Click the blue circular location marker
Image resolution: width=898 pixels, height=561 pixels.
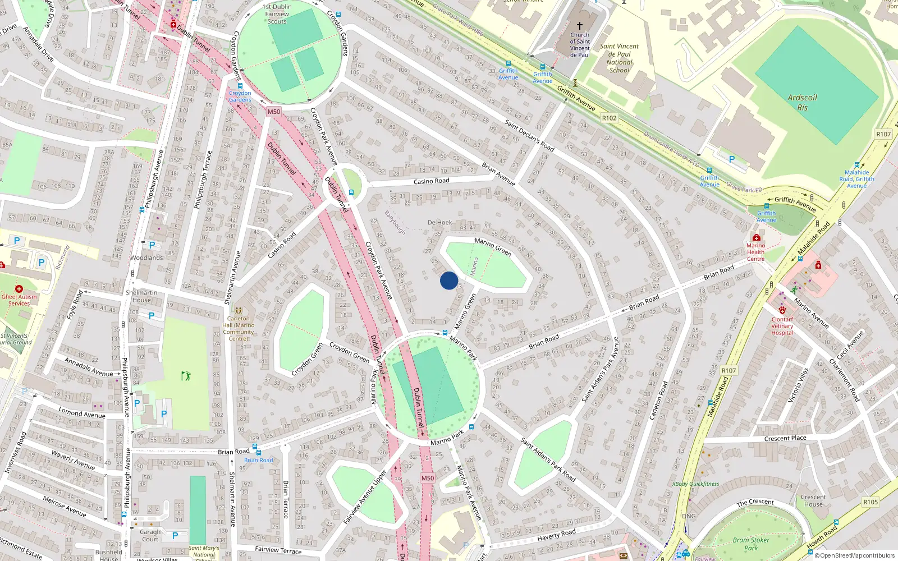tap(449, 280)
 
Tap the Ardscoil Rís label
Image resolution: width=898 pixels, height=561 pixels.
tap(802, 102)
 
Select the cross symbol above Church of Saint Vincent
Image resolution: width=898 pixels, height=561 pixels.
tap(580, 26)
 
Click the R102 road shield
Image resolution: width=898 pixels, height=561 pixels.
tap(609, 118)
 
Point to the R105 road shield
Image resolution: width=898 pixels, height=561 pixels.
tap(870, 502)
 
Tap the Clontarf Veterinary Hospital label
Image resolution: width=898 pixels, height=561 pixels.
tap(782, 326)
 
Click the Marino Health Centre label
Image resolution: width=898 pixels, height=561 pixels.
tap(755, 252)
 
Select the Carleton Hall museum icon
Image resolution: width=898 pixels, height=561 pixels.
tap(239, 310)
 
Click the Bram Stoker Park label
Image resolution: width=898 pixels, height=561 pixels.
tap(751, 544)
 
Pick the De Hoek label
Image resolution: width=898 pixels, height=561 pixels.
tap(439, 223)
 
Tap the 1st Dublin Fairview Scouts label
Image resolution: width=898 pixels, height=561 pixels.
tap(277, 14)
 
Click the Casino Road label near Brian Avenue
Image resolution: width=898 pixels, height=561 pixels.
tap(431, 181)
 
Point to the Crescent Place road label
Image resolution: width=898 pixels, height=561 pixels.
tap(785, 438)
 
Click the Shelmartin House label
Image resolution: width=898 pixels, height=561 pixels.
tap(141, 296)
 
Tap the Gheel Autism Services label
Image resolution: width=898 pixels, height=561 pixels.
tap(19, 300)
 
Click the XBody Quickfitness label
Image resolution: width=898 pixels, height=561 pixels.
tap(695, 484)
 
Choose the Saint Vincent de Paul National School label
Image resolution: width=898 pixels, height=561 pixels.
tap(619, 58)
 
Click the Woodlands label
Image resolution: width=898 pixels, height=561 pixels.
tap(146, 258)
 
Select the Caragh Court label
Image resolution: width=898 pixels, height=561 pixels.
tap(150, 535)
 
